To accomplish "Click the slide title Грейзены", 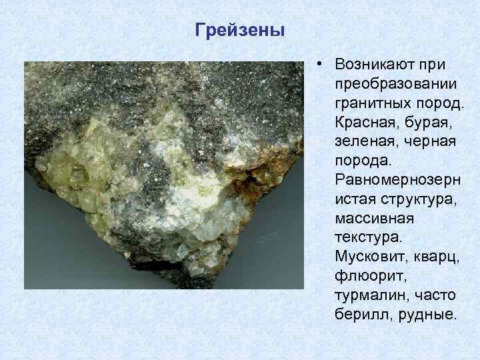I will [x=240, y=31].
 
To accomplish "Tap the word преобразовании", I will [x=396, y=85].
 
